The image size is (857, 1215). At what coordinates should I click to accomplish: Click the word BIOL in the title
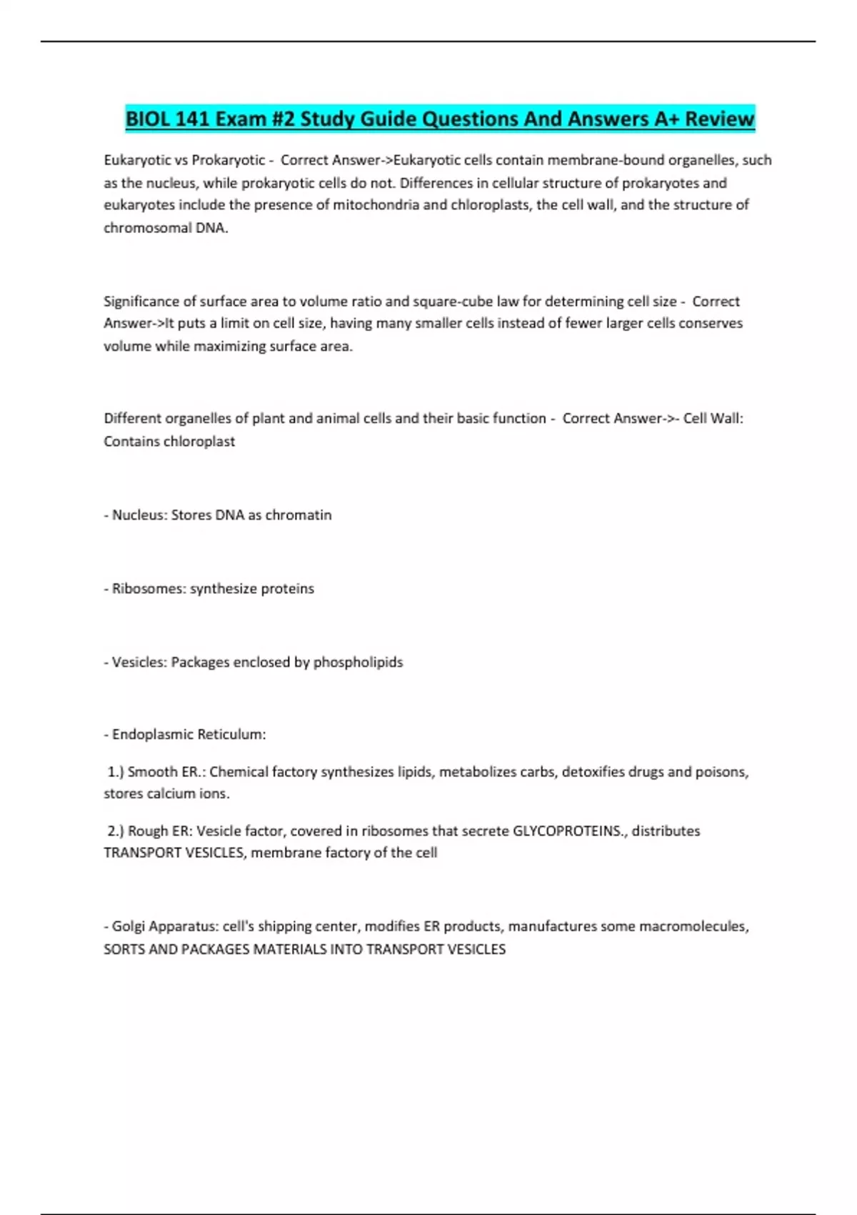click(x=147, y=119)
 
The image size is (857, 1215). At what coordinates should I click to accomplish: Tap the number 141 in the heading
click(x=192, y=119)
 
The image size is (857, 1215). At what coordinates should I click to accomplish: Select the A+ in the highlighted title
click(x=667, y=119)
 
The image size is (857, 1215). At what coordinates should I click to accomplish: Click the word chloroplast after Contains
click(x=200, y=442)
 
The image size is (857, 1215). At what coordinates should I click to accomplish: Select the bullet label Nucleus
click(x=139, y=515)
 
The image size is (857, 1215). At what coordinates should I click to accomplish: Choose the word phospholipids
click(x=358, y=663)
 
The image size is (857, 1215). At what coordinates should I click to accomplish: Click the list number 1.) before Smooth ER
click(x=116, y=772)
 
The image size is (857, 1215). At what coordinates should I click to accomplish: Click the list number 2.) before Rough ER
click(x=116, y=831)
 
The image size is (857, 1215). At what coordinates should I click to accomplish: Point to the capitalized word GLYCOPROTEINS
click(x=568, y=831)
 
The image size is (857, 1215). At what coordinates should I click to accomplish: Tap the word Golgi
click(x=129, y=927)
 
